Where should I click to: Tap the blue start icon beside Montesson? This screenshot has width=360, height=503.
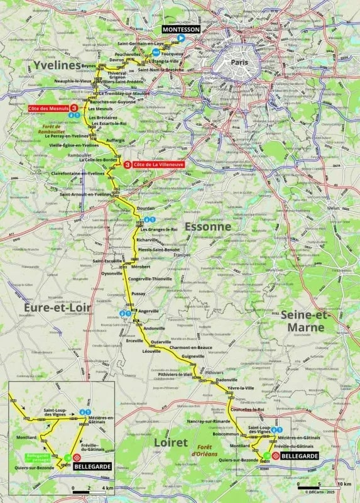pos(180,38)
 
